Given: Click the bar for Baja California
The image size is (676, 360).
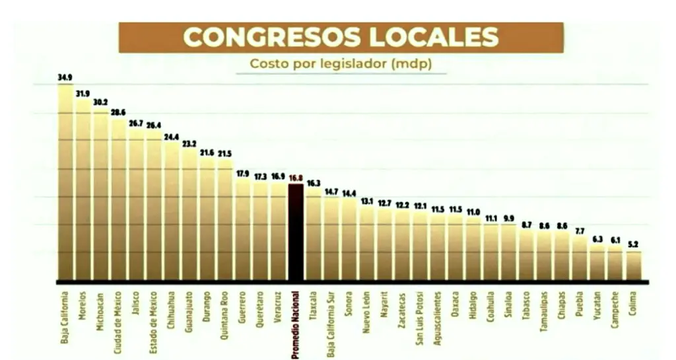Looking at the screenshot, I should (65, 182).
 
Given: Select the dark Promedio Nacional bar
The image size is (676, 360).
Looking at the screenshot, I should (296, 231).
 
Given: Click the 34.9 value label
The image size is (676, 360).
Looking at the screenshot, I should (65, 78).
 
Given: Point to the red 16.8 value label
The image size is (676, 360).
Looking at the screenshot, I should (296, 177).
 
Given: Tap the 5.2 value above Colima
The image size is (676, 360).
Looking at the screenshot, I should (634, 244).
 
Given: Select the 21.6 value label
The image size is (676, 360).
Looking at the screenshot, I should (207, 153).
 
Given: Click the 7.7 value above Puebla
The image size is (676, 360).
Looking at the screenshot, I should (580, 231).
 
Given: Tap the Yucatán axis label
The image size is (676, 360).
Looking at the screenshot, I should (598, 307).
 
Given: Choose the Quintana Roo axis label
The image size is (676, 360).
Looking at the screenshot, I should (225, 314).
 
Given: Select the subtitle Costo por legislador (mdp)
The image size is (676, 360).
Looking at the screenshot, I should (341, 64).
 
